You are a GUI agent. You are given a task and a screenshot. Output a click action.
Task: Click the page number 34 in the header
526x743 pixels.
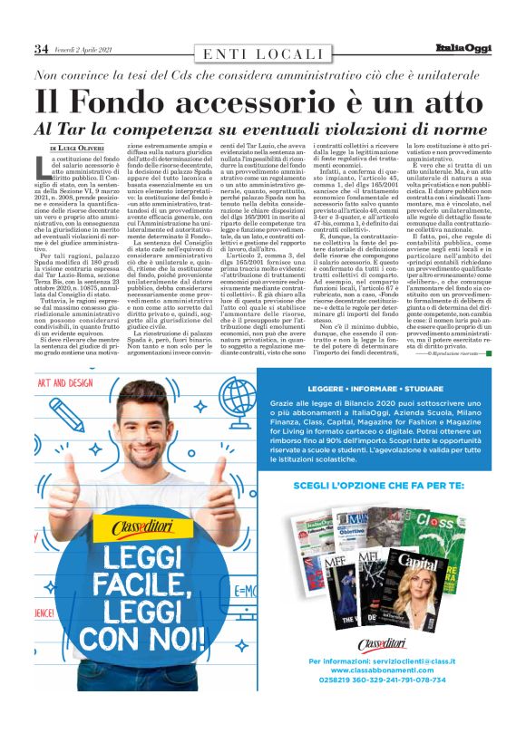tap(41, 48)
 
